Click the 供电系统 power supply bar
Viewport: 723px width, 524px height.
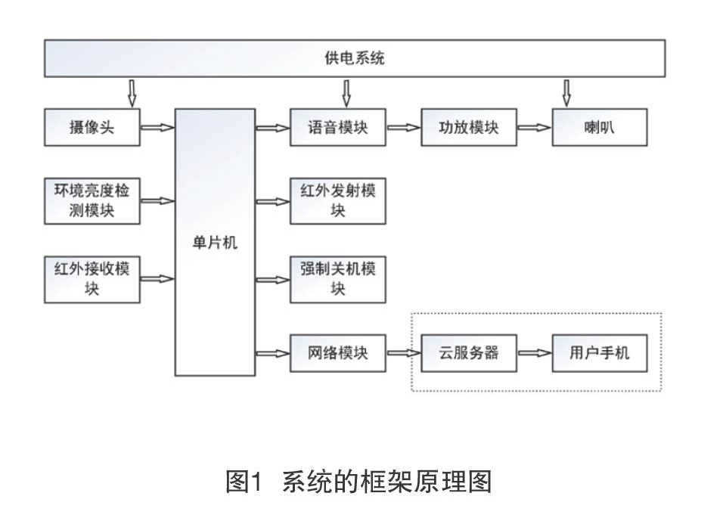pyautogui.click(x=355, y=58)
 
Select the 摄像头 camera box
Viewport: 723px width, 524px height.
pyautogui.click(x=92, y=128)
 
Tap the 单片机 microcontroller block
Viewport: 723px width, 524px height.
pyautogui.click(x=215, y=243)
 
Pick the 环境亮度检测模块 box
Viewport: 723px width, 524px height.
pyautogui.click(x=92, y=201)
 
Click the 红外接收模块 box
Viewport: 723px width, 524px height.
pyautogui.click(x=92, y=279)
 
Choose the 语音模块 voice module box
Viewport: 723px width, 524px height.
pyautogui.click(x=338, y=128)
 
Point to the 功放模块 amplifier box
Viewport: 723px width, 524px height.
pyautogui.click(x=469, y=128)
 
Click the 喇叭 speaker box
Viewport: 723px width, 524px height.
pyautogui.click(x=600, y=128)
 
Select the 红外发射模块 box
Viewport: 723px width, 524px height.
pyautogui.click(x=338, y=201)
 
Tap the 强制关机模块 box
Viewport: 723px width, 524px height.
pyautogui.click(x=338, y=279)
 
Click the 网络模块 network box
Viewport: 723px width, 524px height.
pyautogui.click(x=338, y=353)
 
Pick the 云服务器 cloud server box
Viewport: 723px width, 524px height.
pyautogui.click(x=469, y=353)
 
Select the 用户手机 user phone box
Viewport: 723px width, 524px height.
pyautogui.click(x=600, y=353)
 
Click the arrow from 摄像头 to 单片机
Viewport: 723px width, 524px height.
pyautogui.click(x=157, y=128)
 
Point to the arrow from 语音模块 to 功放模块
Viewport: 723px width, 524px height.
pyautogui.click(x=403, y=128)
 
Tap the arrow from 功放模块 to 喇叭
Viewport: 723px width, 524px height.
pyautogui.click(x=535, y=128)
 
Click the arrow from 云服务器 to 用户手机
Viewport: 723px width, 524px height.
pyautogui.click(x=535, y=353)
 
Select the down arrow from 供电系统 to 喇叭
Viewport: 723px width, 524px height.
pyautogui.click(x=566, y=94)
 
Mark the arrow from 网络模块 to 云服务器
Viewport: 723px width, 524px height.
pyautogui.click(x=403, y=353)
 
